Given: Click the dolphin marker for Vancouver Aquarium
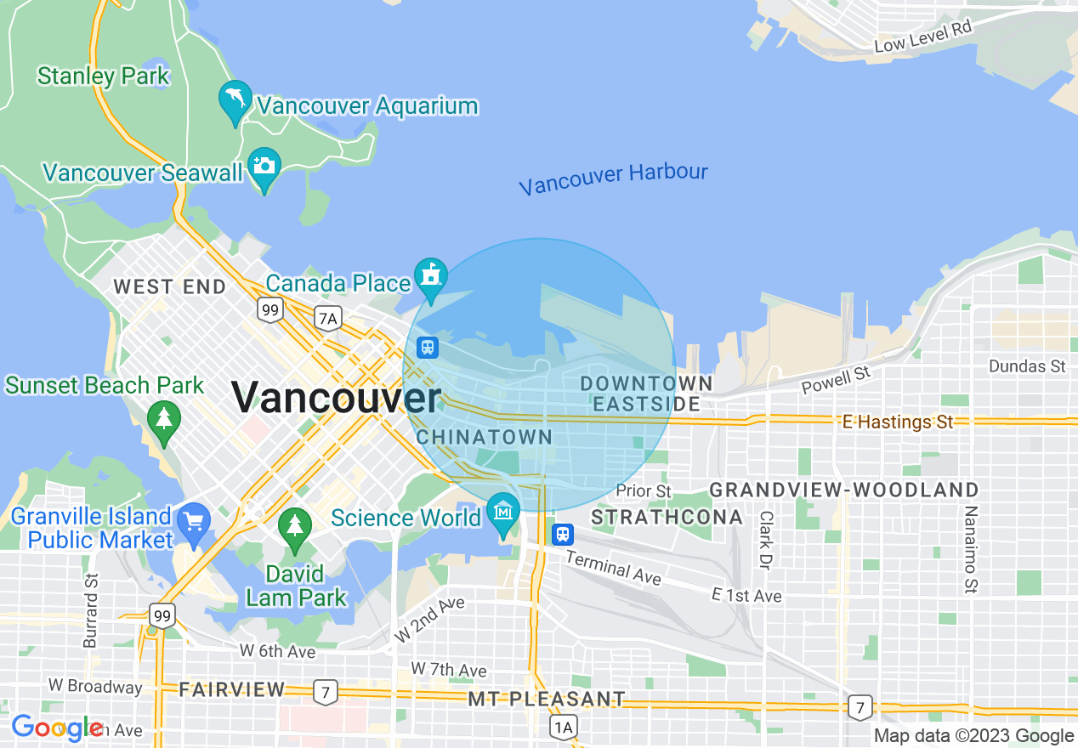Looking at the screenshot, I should (x=235, y=100).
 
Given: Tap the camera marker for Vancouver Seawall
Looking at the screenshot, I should (x=264, y=167).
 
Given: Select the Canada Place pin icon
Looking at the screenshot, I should (x=431, y=277).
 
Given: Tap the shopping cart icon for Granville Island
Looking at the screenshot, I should (x=195, y=520).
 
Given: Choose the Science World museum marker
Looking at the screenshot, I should (x=504, y=513).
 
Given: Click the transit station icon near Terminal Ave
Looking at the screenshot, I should (x=562, y=535).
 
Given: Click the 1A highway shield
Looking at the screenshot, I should (x=563, y=727).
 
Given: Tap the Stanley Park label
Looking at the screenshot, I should (x=104, y=76).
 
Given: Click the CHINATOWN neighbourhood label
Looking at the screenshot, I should (x=485, y=438).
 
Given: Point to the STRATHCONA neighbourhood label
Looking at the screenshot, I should (x=667, y=517).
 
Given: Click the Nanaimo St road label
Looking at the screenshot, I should (x=969, y=549).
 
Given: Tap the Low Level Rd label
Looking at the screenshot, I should (x=922, y=36).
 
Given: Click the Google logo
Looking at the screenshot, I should (x=56, y=728).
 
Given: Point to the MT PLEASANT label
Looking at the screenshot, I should (x=547, y=700).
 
